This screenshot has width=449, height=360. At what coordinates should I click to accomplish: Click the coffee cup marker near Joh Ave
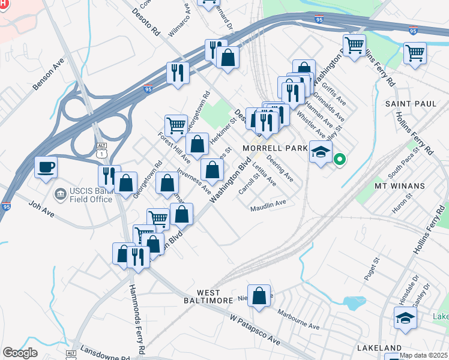tap(46, 168)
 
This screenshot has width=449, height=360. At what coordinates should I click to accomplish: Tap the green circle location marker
tap(339, 160)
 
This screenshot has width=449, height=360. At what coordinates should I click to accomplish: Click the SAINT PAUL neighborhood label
tap(411, 104)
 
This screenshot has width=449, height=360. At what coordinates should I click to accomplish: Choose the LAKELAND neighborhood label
tap(379, 347)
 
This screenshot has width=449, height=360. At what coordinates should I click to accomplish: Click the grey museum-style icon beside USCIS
tap(59, 194)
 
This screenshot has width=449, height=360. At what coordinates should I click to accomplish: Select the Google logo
tap(20, 353)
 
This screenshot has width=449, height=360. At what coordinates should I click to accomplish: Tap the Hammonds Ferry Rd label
tap(137, 317)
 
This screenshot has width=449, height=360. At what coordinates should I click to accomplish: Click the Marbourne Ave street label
tap(298, 319)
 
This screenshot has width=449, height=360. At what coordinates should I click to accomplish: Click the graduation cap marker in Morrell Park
tap(321, 151)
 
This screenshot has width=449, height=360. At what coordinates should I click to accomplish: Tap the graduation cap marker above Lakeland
tap(405, 318)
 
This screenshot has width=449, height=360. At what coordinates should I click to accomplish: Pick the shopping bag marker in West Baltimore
tap(259, 297)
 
